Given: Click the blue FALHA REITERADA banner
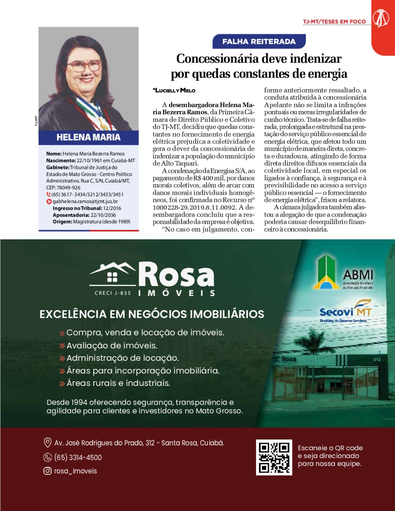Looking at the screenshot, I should [x=259, y=41].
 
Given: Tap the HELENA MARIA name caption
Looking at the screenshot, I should [x=88, y=137].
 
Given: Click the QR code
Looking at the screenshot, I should [x=274, y=457].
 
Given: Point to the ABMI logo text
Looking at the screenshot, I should [x=358, y=275].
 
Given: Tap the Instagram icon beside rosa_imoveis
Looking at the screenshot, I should [x=47, y=471].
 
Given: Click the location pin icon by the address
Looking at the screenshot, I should [x=47, y=443].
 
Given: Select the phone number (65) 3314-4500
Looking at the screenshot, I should [x=78, y=457].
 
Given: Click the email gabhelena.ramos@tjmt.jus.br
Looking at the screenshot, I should [x=85, y=201].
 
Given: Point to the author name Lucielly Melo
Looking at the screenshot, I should [x=175, y=90].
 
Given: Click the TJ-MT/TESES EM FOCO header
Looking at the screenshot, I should [x=334, y=22].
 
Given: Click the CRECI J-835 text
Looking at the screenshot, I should [x=113, y=293].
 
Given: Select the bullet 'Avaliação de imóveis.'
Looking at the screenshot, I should [x=112, y=345].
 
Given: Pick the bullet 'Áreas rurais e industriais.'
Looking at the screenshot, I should [x=118, y=383].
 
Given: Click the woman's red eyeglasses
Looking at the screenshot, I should [x=85, y=66].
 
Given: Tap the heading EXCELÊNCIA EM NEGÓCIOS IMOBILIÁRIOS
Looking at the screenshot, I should [x=152, y=314].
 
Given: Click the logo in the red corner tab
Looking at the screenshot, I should [x=381, y=18].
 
